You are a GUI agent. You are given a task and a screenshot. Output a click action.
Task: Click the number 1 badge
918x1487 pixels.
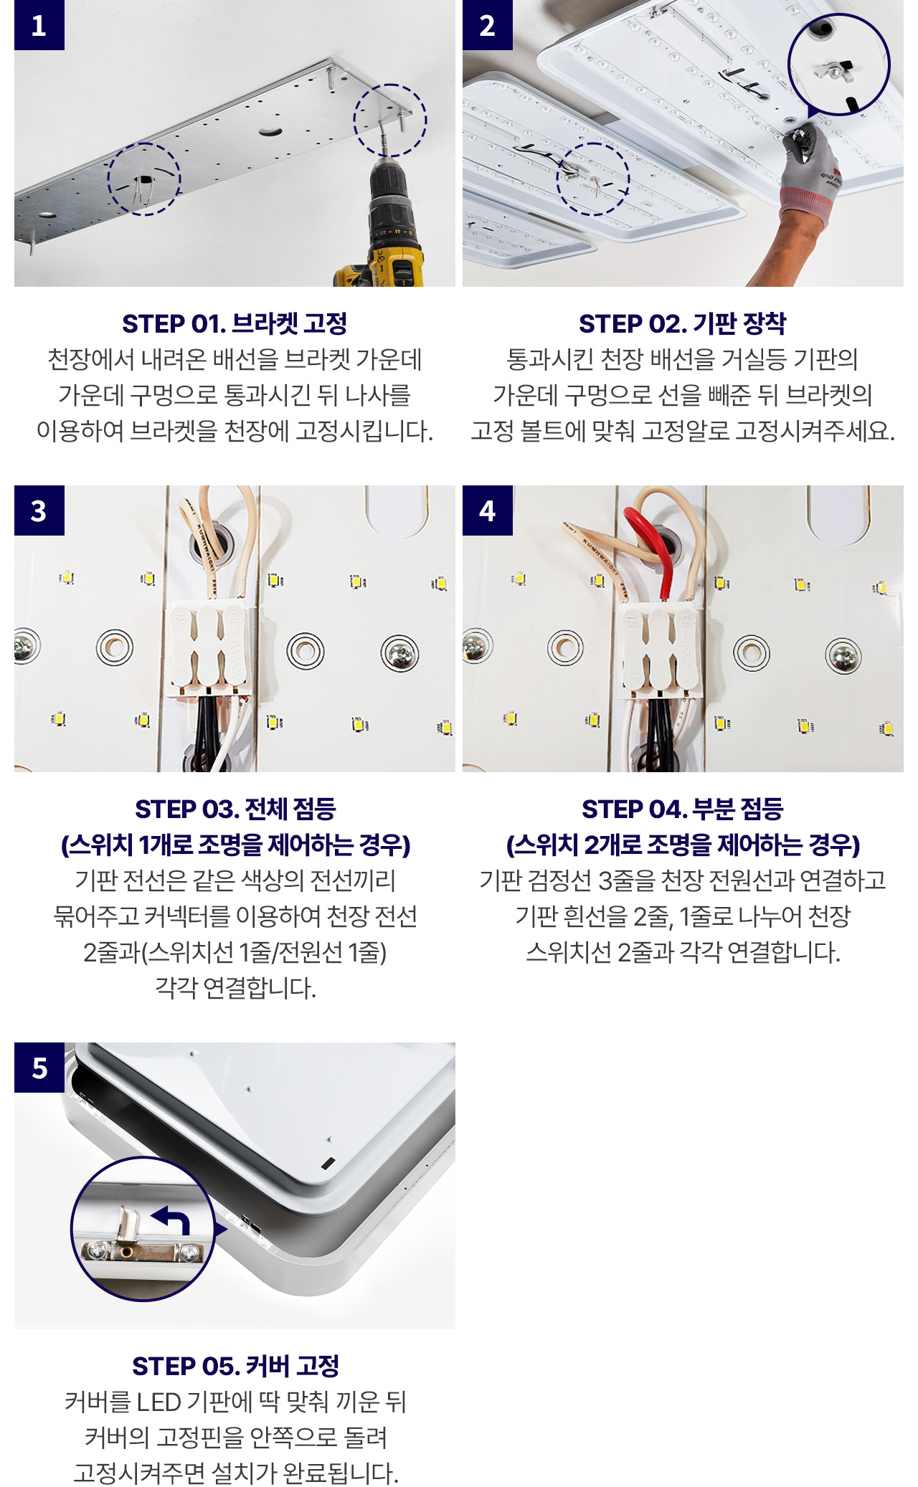click(x=39, y=25)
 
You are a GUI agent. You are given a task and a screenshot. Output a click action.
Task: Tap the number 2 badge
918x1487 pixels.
click(x=488, y=25)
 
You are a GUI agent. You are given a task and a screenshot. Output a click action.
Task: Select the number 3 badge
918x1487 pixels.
click(x=39, y=510)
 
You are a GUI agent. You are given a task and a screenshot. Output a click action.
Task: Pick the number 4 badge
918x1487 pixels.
click(x=488, y=510)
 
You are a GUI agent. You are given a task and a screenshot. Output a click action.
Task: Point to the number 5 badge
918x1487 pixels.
click(x=39, y=1068)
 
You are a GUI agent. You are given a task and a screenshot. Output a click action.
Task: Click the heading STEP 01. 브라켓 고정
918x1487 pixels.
click(x=235, y=324)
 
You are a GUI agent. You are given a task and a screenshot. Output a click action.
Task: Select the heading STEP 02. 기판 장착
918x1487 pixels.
click(x=683, y=324)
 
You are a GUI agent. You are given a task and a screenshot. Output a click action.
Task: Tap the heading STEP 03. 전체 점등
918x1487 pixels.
click(x=235, y=809)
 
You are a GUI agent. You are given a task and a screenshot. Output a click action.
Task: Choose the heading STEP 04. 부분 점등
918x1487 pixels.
click(x=683, y=809)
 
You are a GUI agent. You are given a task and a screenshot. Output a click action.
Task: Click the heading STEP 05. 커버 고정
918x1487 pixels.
click(x=235, y=1367)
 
